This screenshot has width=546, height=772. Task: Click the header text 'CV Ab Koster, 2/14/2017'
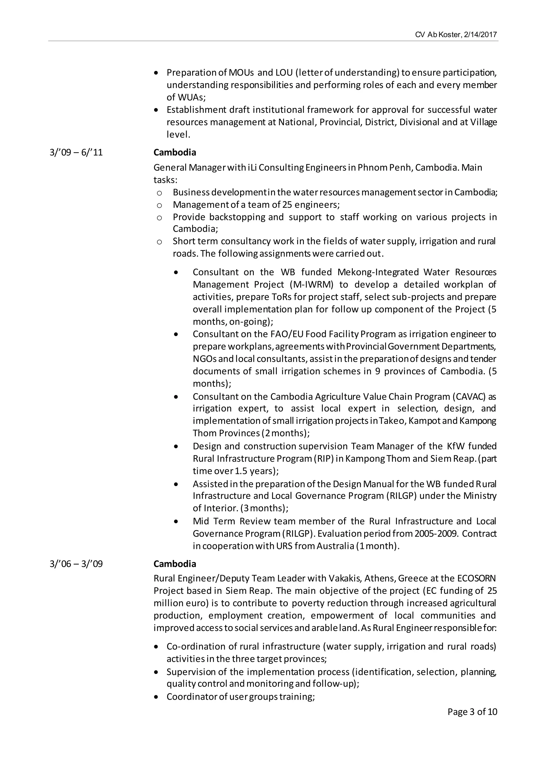[x=456, y=35]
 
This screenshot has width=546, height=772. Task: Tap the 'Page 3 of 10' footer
[x=472, y=711]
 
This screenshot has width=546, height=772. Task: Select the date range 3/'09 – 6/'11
[x=76, y=153]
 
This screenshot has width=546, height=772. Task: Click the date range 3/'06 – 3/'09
[x=76, y=564]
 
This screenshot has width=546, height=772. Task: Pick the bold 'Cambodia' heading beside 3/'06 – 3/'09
[x=175, y=564]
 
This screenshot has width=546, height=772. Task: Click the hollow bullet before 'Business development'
[x=159, y=193]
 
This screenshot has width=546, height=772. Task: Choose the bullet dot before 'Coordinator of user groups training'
[x=156, y=697]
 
